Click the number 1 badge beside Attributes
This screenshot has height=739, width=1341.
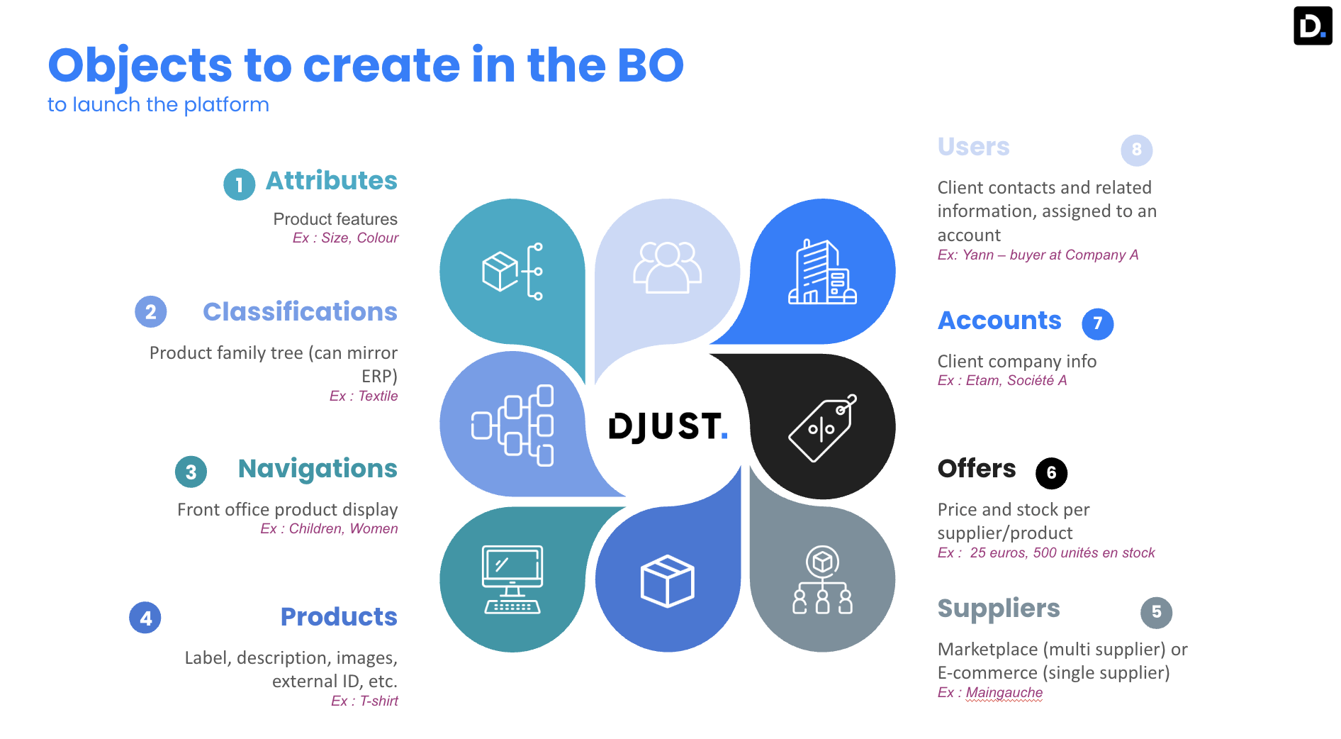[240, 184]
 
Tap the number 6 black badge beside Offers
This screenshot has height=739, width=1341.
[1052, 473]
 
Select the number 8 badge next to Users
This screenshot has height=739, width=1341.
[1137, 150]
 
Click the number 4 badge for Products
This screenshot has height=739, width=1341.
[145, 618]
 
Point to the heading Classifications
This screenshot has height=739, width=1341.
[300, 311]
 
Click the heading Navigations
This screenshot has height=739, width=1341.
[318, 469]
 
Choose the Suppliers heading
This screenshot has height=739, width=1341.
[999, 609]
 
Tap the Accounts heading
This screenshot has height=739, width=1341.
[999, 321]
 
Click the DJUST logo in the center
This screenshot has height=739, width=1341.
[668, 426]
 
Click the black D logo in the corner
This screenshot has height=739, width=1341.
[1313, 26]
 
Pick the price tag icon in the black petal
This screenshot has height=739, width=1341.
[823, 428]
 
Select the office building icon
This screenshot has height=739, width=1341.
[822, 272]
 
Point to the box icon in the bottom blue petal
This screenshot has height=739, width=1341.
[668, 581]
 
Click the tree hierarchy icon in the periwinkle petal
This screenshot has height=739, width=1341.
[512, 426]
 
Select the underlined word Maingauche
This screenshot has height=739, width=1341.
[1004, 693]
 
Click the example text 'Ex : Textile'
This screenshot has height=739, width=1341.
[364, 396]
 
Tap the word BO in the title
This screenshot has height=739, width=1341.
[650, 65]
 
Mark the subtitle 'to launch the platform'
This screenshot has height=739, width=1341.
[158, 105]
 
